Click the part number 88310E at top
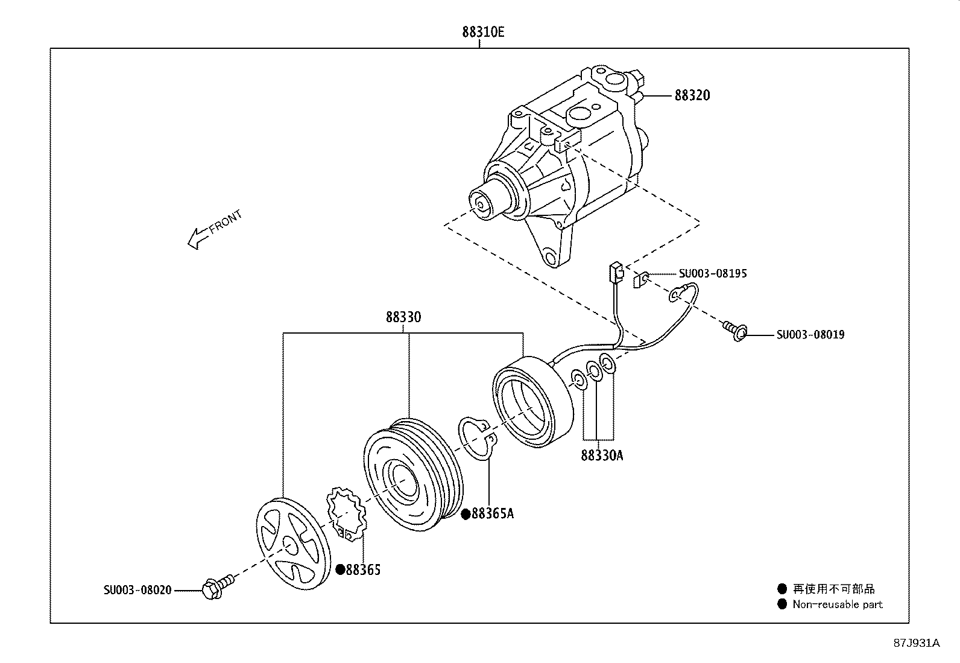tap(483, 32)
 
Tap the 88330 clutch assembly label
tap(403, 317)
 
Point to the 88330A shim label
tap(601, 455)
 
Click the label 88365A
tap(493, 514)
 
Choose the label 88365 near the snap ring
tap(364, 569)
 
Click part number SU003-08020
tap(137, 591)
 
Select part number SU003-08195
tap(713, 274)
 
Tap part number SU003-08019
tap(810, 335)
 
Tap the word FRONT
tap(226, 222)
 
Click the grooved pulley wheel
tap(411, 475)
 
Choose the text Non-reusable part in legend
tap(837, 604)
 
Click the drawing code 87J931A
tap(917, 643)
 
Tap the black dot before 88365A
tap(466, 514)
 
